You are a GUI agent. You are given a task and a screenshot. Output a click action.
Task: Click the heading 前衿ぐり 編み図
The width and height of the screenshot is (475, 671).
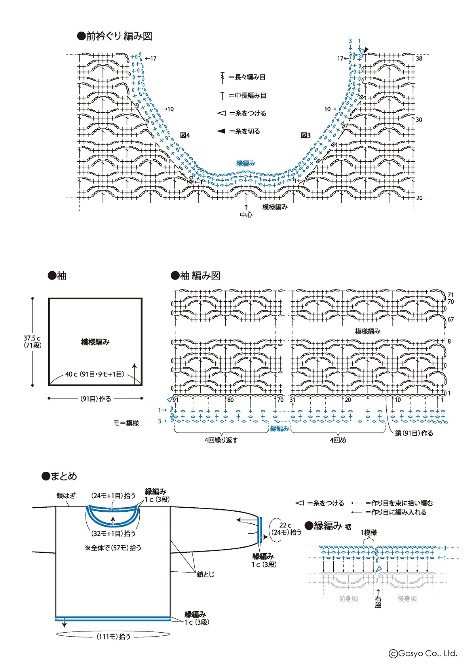pos(115,36)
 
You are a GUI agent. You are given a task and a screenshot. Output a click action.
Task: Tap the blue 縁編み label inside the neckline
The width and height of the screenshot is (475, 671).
pos(246,163)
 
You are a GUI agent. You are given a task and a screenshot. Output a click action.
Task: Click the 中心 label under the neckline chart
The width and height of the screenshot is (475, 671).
pos(246,215)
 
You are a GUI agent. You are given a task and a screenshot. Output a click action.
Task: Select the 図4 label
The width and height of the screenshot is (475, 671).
pos(185,135)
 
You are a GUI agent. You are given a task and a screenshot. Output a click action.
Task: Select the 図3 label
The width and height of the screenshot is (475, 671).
pos(306,135)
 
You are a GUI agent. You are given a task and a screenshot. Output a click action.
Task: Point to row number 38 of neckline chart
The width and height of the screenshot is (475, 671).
pos(419,59)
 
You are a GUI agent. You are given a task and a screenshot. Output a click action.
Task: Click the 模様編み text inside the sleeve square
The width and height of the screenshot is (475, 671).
pos(95,342)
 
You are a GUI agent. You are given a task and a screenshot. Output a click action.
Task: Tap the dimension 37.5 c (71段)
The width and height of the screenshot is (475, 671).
pos(32,342)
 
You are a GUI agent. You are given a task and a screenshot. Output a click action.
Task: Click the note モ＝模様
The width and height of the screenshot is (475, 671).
pos(126,423)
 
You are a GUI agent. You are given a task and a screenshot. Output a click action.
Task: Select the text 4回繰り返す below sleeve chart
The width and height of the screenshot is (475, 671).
pos(221,440)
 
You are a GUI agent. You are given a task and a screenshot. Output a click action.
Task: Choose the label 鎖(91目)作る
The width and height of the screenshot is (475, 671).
pos(414,433)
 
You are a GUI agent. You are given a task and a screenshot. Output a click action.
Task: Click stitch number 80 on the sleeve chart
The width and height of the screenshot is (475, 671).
pos(230,400)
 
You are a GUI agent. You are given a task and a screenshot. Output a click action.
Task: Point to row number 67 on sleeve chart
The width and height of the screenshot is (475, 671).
pos(450,319)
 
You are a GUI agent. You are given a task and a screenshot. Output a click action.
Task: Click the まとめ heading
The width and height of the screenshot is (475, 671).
pos(63,476)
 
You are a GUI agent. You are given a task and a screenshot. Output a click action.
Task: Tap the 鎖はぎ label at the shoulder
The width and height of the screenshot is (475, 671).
pos(66,495)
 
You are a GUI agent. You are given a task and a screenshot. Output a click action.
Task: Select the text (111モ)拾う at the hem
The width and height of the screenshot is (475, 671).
pos(113,637)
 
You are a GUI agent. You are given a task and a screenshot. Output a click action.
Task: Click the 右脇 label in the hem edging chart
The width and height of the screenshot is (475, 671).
pos(378,601)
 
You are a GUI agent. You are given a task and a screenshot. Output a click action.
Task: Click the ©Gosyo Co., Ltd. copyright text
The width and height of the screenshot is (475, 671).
pos(423,654)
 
